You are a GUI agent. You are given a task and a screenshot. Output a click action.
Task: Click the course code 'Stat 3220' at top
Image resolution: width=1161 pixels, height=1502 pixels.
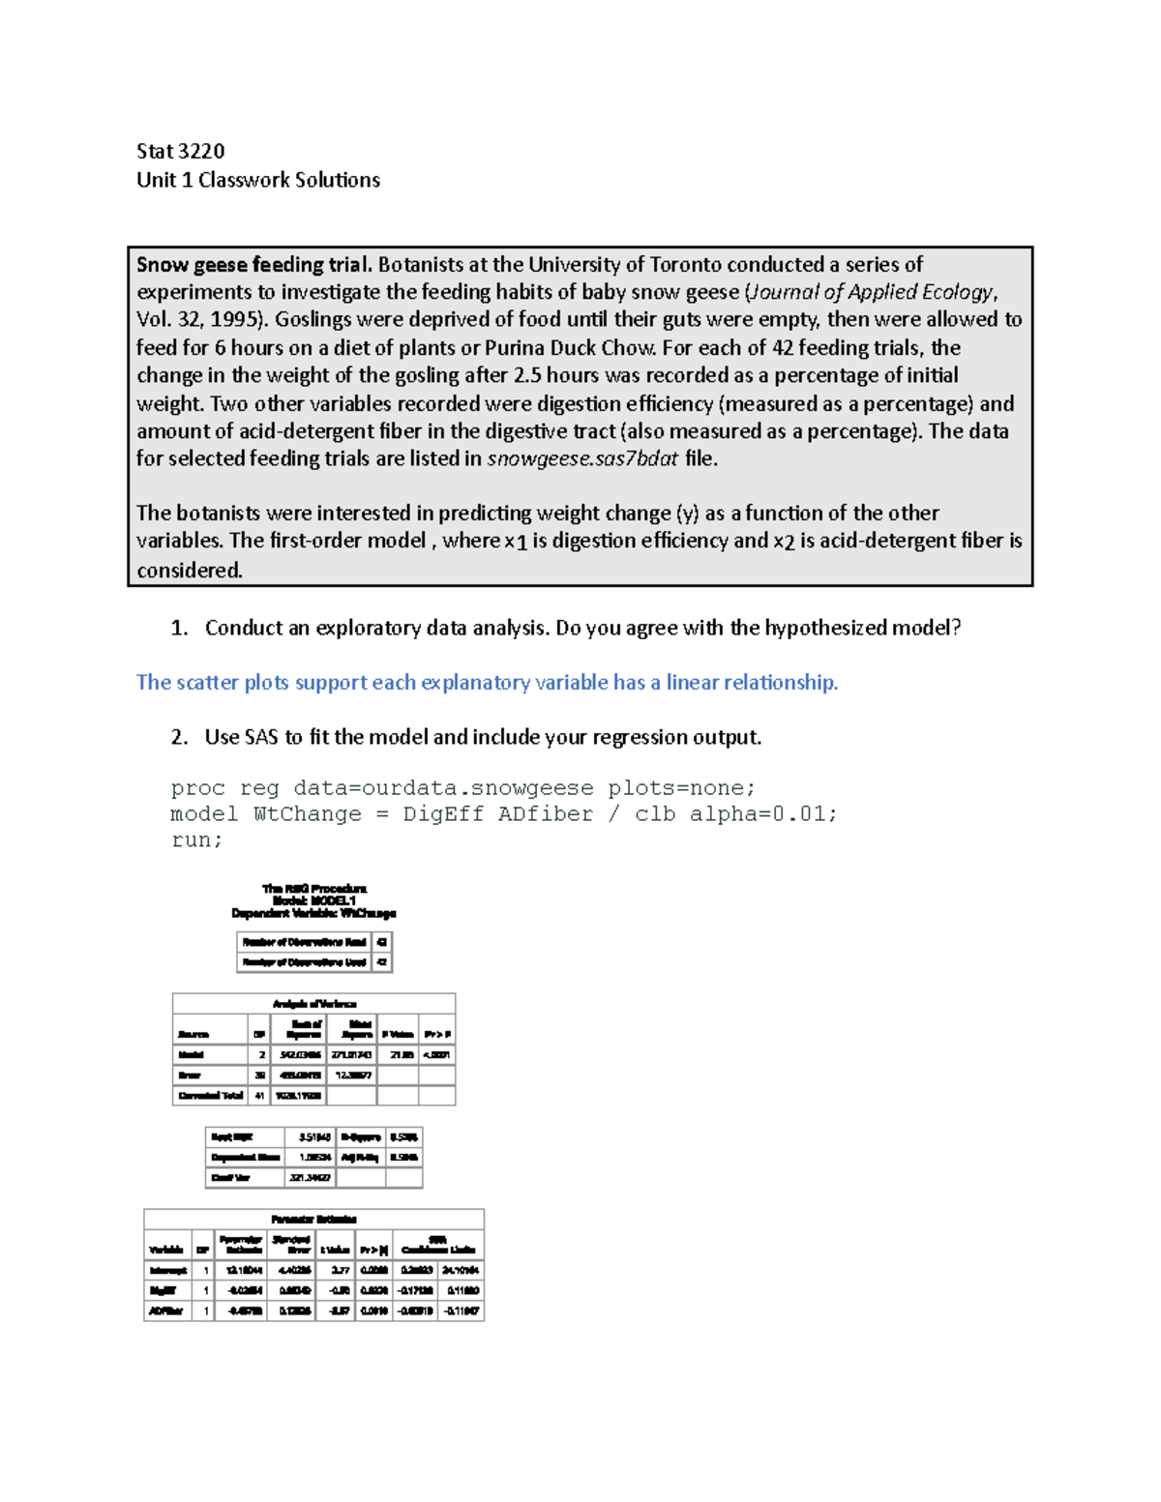(180, 151)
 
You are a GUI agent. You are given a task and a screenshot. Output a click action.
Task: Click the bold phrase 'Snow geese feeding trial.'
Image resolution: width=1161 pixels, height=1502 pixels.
(253, 265)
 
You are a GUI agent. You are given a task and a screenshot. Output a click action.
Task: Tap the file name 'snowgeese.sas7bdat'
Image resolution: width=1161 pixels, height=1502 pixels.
(582, 459)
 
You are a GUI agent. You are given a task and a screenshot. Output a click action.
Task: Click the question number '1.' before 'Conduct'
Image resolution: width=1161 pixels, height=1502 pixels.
(179, 629)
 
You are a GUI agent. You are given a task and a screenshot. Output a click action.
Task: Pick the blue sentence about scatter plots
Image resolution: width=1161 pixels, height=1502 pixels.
(487, 683)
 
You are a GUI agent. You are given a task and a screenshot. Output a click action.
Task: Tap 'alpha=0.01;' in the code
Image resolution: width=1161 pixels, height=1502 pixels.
(763, 814)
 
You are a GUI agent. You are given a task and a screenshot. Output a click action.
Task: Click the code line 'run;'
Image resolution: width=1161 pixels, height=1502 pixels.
(196, 840)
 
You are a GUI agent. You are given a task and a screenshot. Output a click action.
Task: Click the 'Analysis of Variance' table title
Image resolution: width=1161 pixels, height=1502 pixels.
(314, 1004)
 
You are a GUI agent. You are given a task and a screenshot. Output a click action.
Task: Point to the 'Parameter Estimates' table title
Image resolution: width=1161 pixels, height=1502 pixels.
(314, 1220)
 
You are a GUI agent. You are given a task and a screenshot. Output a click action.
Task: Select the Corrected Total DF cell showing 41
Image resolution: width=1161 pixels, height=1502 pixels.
(259, 1096)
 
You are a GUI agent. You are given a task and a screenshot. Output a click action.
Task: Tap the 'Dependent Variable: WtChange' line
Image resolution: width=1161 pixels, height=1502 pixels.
(314, 913)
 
